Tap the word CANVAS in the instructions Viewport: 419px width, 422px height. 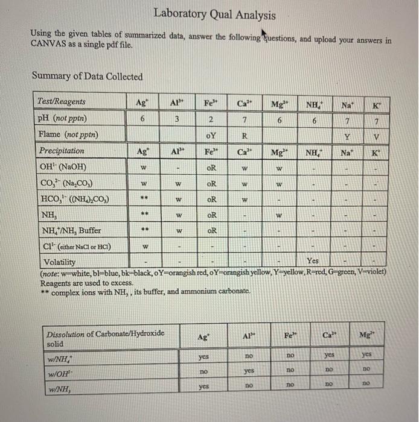click(48, 45)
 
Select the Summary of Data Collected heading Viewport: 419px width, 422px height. click(87, 77)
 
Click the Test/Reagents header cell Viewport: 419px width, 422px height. click(62, 102)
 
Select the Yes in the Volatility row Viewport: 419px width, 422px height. click(313, 261)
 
